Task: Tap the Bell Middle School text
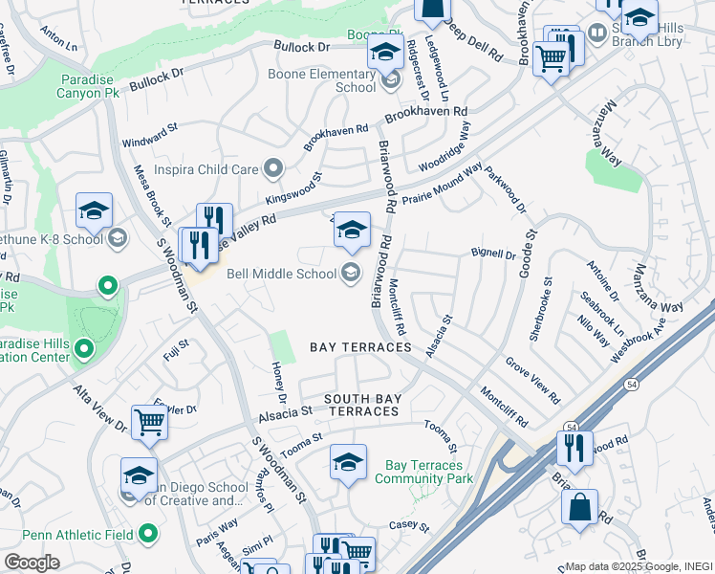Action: (281, 274)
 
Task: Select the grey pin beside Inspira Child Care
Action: (273, 169)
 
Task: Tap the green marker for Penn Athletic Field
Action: (147, 532)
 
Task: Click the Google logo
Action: (31, 562)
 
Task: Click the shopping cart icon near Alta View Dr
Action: (149, 422)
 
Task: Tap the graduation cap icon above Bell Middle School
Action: (352, 231)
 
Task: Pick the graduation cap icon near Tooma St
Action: (348, 462)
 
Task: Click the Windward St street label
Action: (150, 135)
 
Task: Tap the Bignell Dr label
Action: (493, 254)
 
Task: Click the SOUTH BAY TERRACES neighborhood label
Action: (360, 405)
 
